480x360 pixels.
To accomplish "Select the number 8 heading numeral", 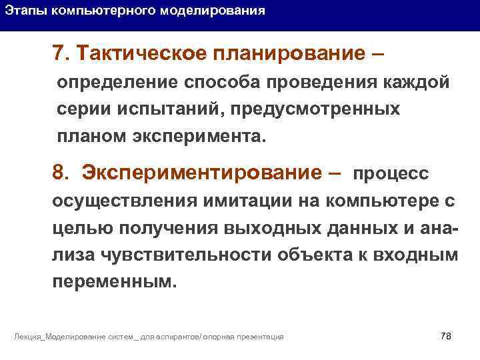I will [59, 173].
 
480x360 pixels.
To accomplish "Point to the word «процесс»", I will [391, 174].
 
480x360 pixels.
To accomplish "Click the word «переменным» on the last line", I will [113, 281].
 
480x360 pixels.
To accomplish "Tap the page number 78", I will [446, 335].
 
